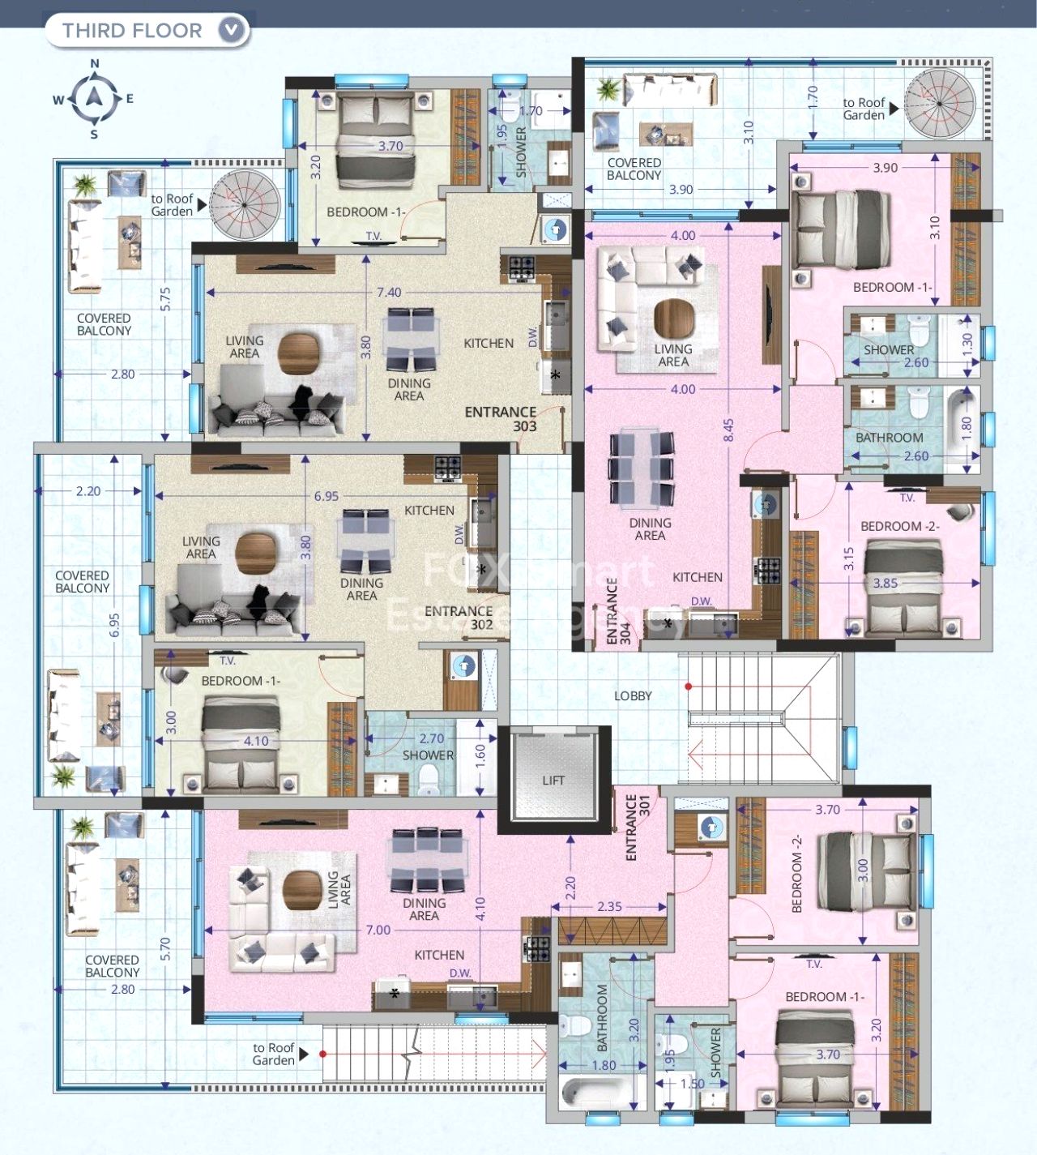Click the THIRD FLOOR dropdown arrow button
click(231, 31)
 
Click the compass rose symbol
click(94, 99)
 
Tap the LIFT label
click(553, 780)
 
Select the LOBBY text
click(633, 695)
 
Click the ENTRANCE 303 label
click(501, 418)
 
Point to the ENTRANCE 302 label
click(459, 618)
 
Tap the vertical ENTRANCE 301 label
click(638, 827)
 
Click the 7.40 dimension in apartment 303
click(389, 292)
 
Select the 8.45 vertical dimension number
click(728, 430)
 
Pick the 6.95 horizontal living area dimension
click(326, 496)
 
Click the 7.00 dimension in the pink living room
click(378, 930)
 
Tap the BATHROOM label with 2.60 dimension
click(889, 438)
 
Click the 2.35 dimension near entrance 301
click(609, 906)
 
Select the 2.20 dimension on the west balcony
click(87, 491)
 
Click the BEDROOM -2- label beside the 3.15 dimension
click(899, 526)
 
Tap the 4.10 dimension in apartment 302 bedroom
click(256, 741)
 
